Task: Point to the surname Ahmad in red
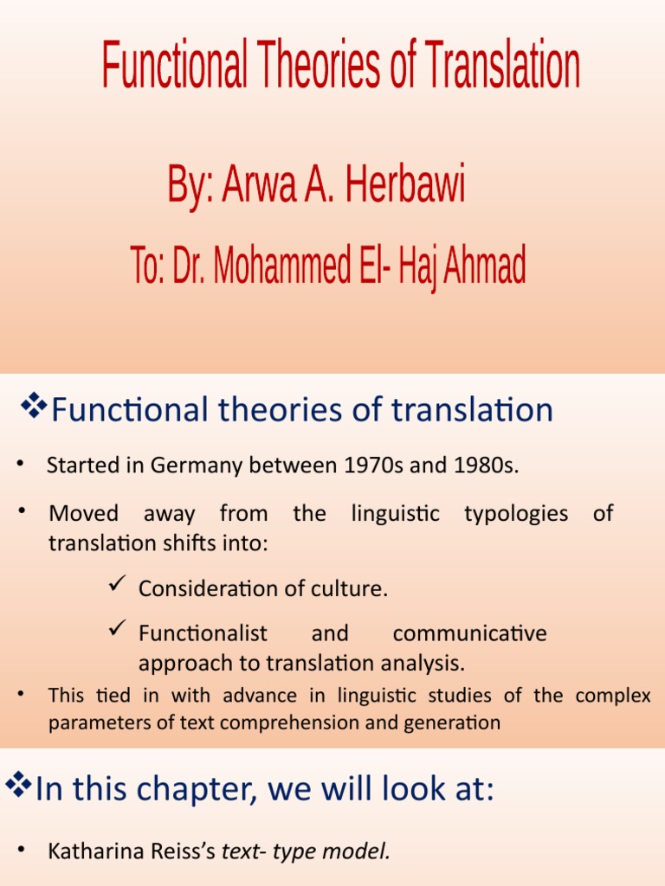(484, 266)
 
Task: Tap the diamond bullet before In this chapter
(18, 786)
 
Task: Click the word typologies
(515, 513)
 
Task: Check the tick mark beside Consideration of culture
(118, 587)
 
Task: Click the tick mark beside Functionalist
(118, 631)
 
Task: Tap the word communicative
(469, 633)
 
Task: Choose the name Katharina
(91, 851)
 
